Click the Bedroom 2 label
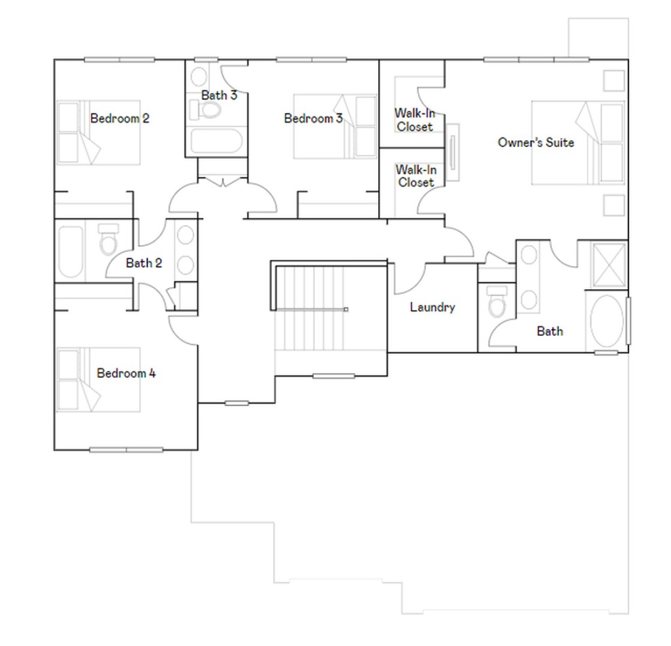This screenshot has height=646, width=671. pos(120,118)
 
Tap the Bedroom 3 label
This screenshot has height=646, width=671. pos(313,118)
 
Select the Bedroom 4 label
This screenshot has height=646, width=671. pos(126,373)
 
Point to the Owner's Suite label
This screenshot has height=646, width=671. pos(536,142)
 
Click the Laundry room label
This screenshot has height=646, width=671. pos(432,307)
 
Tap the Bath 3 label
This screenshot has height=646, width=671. pos(219,95)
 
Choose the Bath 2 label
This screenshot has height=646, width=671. pos(144,263)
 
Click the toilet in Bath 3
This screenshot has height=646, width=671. pos(206,110)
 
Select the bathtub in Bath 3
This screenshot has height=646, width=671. pos(216,140)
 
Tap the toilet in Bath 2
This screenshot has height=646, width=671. pos(108,239)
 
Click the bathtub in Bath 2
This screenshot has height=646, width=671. pos(71,252)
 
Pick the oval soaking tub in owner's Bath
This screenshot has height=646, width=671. pos(606,321)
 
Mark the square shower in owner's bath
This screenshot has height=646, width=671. pos(609,265)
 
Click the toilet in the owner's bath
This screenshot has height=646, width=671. pos(497,302)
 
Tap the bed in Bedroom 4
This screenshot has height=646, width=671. pos(98,380)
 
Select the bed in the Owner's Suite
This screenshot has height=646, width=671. pos(578,143)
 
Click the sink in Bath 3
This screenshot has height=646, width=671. pos(198,77)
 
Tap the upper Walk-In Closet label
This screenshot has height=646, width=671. pos(415,120)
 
